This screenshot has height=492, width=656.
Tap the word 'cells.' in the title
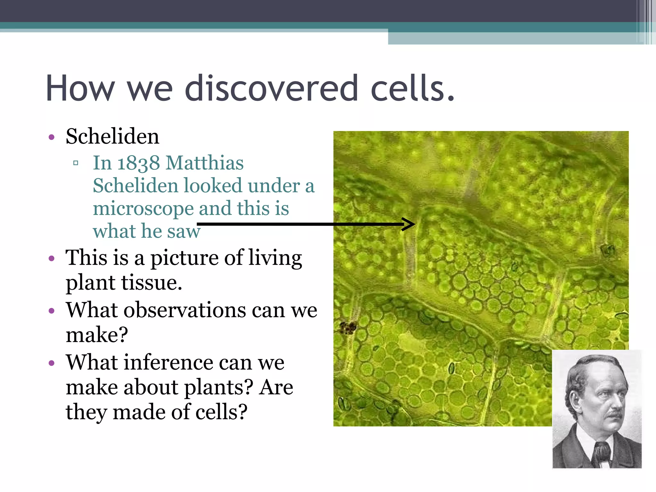pyautogui.click(x=412, y=88)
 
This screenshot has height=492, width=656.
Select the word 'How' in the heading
pyautogui.click(x=80, y=88)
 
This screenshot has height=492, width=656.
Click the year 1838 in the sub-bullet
pyautogui.click(x=138, y=163)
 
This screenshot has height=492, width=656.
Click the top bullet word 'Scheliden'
pyautogui.click(x=112, y=136)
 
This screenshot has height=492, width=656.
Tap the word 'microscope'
pyautogui.click(x=143, y=209)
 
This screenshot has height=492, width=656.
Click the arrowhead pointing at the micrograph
pyautogui.click(x=409, y=224)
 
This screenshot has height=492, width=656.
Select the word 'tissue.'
pyautogui.click(x=151, y=283)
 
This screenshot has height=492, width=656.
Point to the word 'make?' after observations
pyautogui.click(x=97, y=335)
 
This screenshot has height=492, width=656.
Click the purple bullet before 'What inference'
pyautogui.click(x=52, y=363)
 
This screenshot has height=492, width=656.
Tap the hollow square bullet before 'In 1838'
pyautogui.click(x=76, y=163)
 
